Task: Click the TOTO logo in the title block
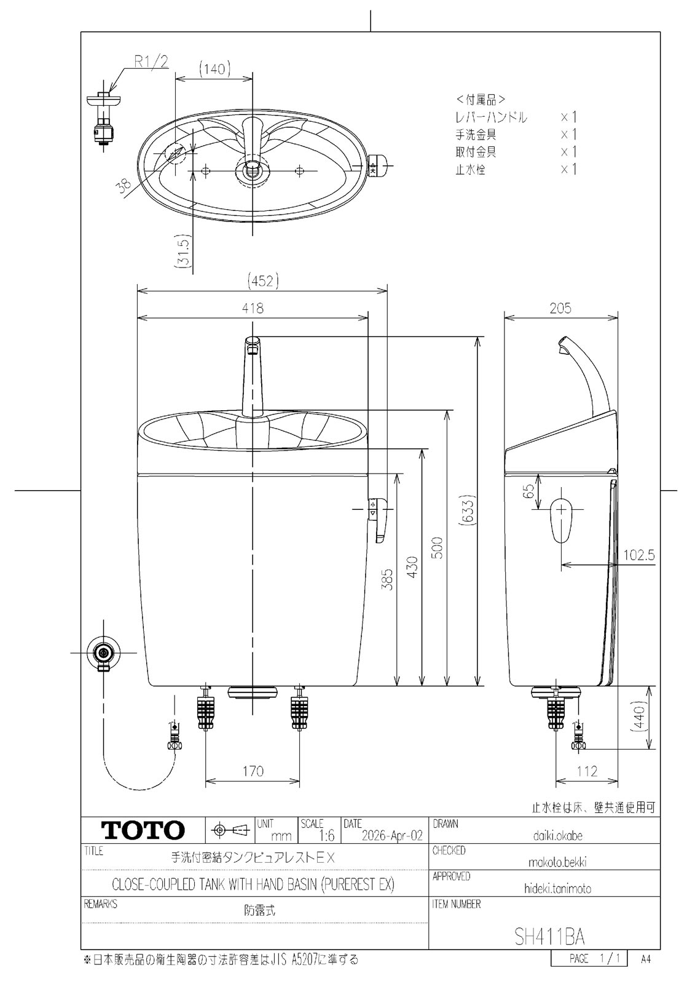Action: (x=143, y=830)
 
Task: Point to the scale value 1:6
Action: (x=326, y=835)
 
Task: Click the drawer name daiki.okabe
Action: (x=557, y=835)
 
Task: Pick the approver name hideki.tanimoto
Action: (x=557, y=889)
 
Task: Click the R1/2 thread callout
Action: (x=151, y=61)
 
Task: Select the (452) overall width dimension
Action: (x=263, y=280)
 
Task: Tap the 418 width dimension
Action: (x=253, y=308)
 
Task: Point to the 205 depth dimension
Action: (x=560, y=308)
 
